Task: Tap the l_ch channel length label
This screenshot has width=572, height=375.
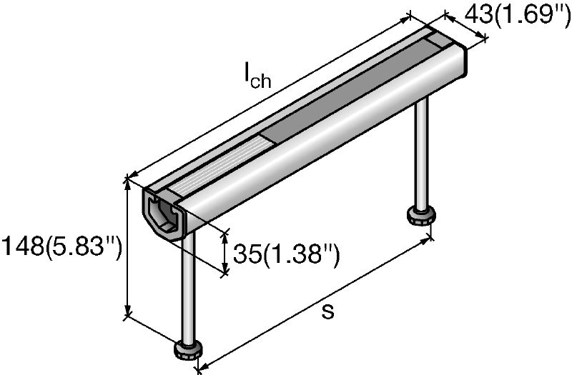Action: click(258, 74)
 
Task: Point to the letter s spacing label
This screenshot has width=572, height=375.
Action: click(328, 311)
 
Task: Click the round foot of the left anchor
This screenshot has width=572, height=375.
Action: click(189, 349)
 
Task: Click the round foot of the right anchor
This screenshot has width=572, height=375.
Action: click(421, 215)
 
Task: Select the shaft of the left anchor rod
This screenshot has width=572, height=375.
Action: click(188, 286)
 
